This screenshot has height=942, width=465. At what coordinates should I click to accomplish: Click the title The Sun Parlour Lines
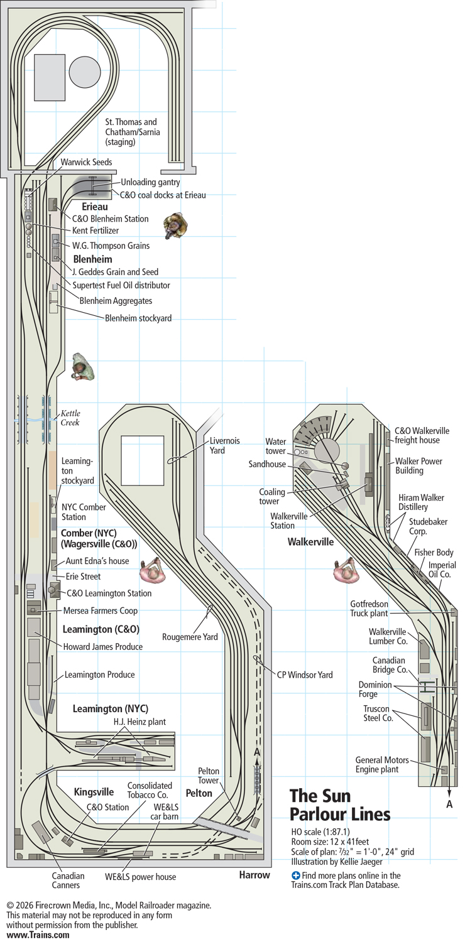(x=340, y=805)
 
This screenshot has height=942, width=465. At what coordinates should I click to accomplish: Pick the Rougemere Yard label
(x=190, y=637)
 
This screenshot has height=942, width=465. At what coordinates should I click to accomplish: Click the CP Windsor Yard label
(x=305, y=675)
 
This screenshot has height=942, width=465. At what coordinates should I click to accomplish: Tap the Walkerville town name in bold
(x=310, y=541)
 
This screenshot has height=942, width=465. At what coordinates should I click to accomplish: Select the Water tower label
(x=275, y=447)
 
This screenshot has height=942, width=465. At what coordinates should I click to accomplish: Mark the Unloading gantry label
(x=150, y=182)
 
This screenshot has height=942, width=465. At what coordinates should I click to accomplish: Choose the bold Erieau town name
(x=95, y=206)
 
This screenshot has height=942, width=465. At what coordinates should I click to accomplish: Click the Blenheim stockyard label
(x=138, y=318)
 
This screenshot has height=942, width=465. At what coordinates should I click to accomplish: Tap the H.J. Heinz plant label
(x=139, y=722)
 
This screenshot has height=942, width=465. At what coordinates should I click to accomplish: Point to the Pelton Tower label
(x=208, y=775)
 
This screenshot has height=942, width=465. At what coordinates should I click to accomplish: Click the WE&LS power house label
(x=140, y=877)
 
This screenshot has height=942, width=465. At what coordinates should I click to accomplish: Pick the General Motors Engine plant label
(x=377, y=764)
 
